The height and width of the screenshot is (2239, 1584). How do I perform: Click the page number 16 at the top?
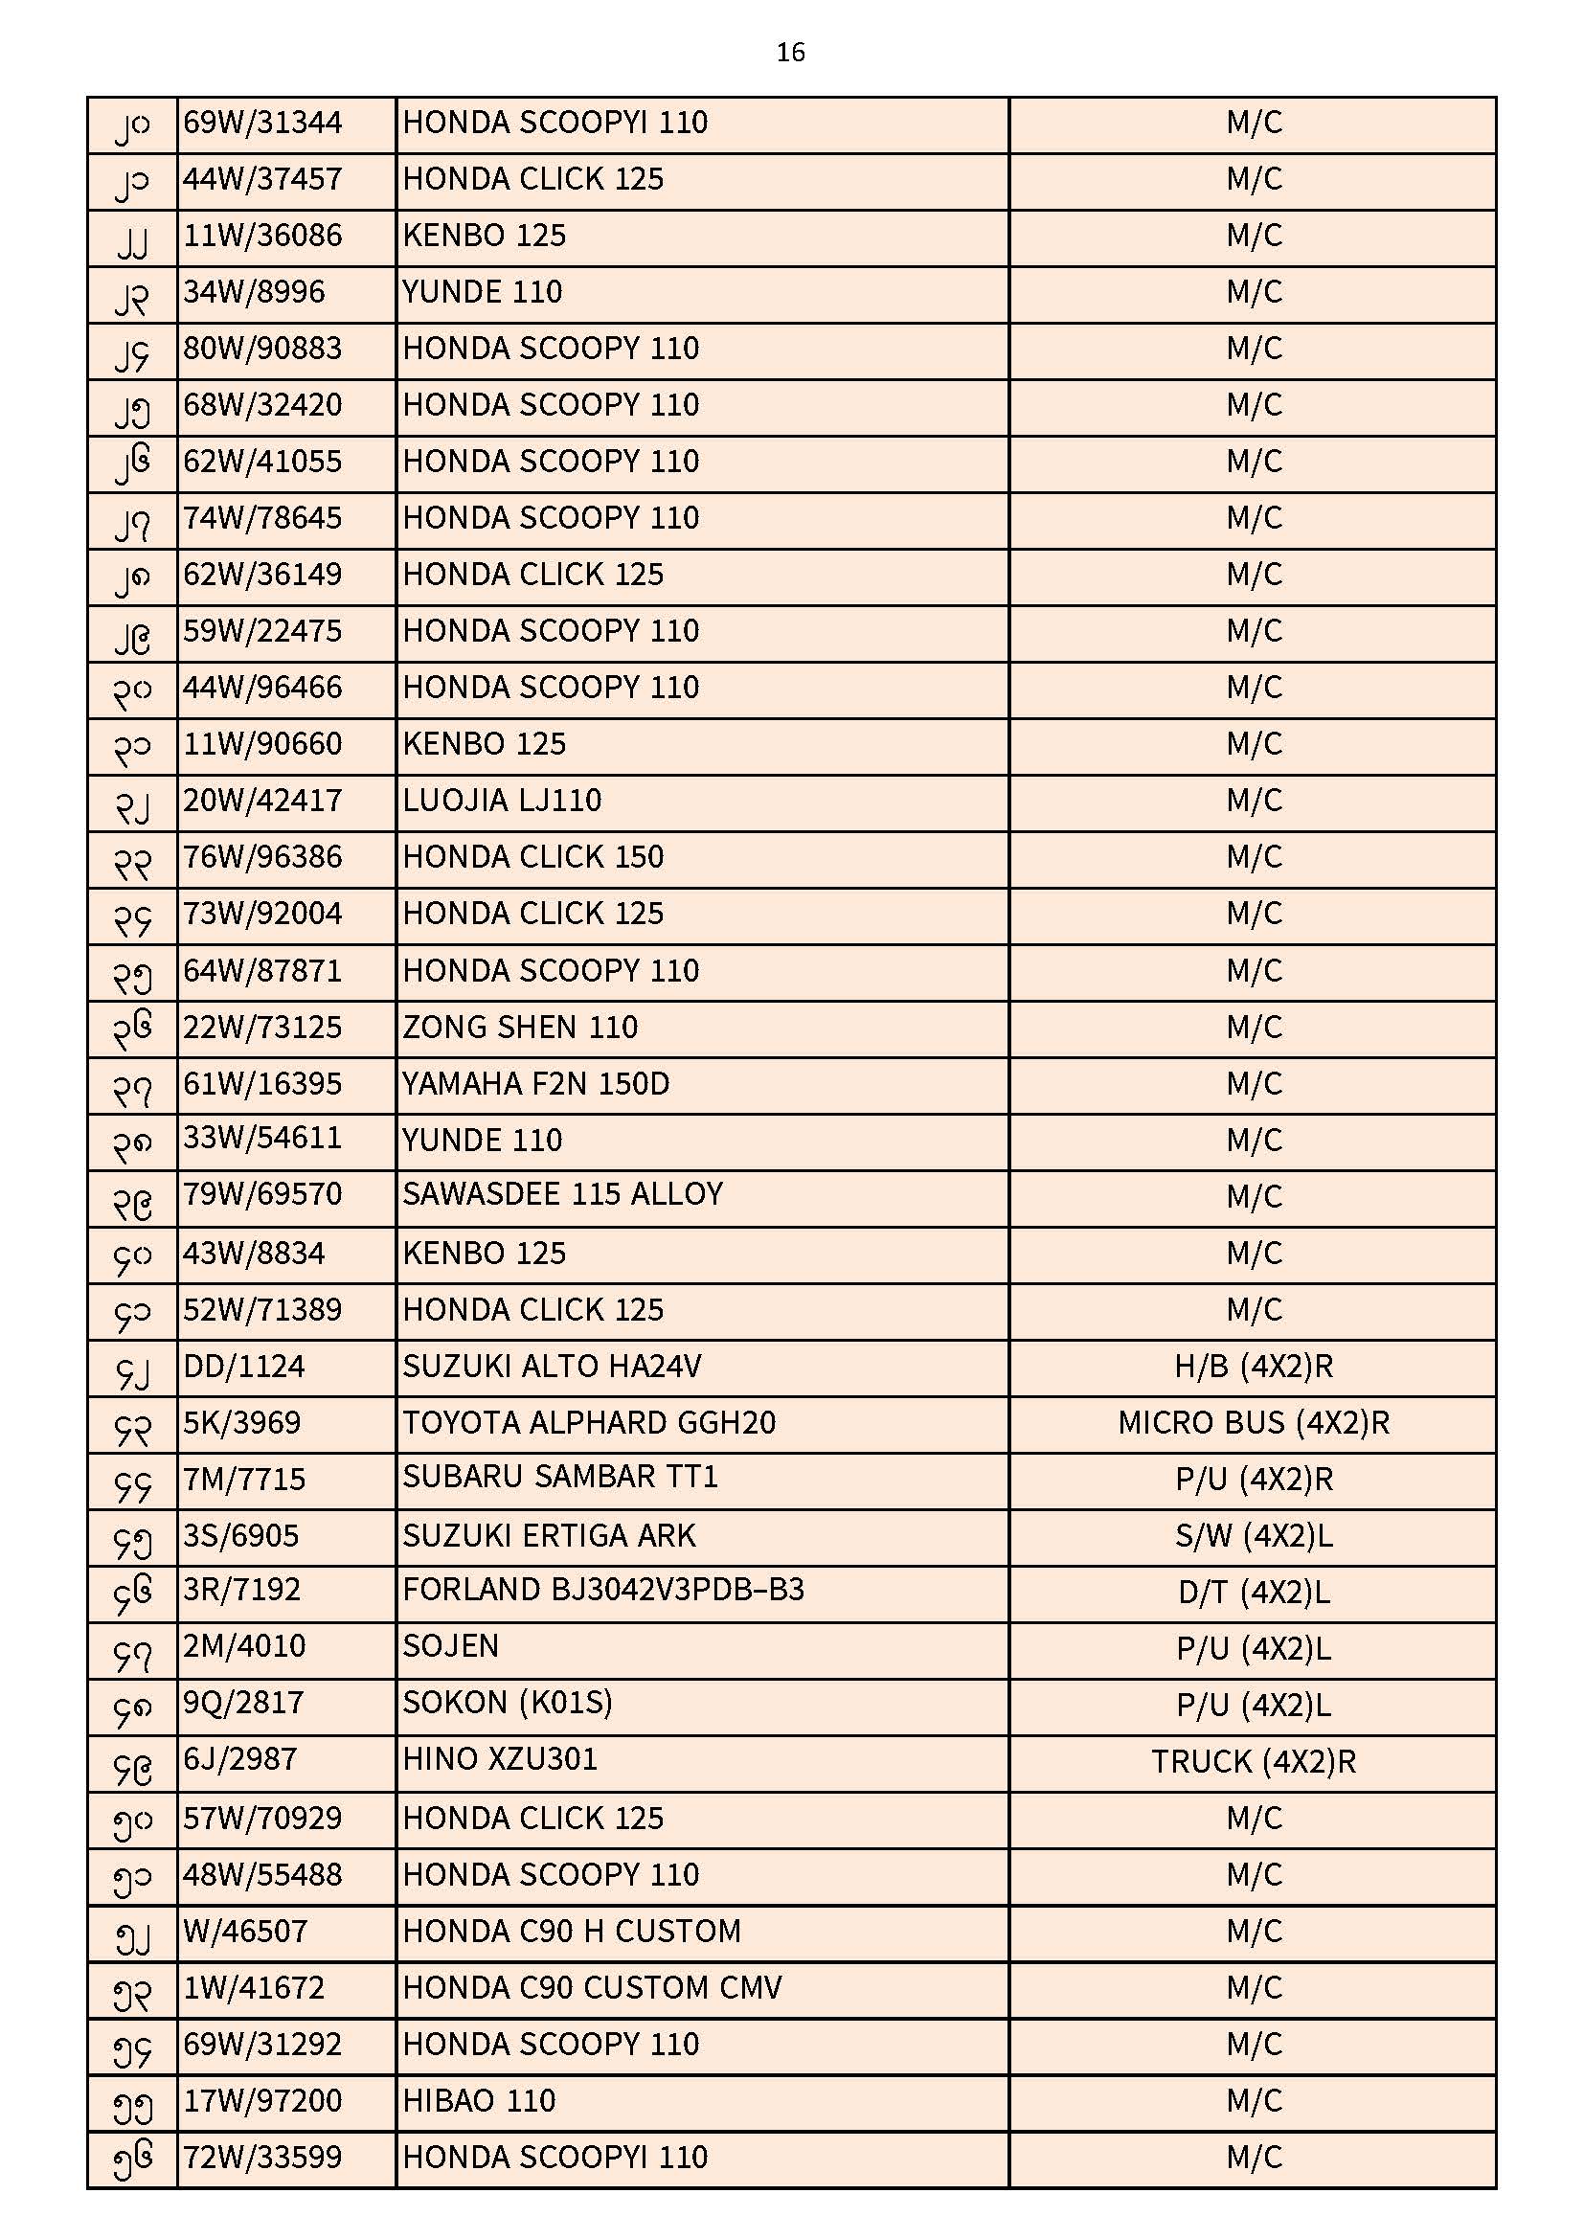[790, 52]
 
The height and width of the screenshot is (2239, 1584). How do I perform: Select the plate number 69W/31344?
[262, 123]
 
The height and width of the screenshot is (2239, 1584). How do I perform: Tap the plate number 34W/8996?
[254, 292]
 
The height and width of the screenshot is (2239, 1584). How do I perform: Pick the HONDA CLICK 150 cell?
[532, 857]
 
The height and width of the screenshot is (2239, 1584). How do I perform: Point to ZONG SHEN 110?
[520, 1027]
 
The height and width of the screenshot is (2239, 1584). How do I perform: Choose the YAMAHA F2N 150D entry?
[535, 1083]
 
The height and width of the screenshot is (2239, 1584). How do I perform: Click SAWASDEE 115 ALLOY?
[563, 1194]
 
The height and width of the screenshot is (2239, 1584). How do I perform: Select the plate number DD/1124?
[244, 1367]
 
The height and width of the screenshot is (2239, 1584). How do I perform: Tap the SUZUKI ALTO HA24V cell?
[552, 1367]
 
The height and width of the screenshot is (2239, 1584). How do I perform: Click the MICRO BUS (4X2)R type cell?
[1254, 1423]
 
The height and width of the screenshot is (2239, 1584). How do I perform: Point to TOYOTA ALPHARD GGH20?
[589, 1423]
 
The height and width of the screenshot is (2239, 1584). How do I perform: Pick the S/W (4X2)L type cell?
[1254, 1536]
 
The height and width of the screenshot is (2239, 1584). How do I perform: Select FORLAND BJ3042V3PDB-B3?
[602, 1590]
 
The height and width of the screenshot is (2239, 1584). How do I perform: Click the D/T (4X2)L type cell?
[1254, 1593]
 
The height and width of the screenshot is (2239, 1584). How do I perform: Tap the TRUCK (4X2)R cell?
[1254, 1762]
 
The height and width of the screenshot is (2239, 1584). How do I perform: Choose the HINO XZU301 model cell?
[499, 1759]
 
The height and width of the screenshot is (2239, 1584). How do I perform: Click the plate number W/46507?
[245, 1931]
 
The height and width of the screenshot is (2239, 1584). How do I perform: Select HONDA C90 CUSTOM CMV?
[592, 1987]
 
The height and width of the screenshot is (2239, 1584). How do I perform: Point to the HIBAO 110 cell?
[479, 2100]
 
